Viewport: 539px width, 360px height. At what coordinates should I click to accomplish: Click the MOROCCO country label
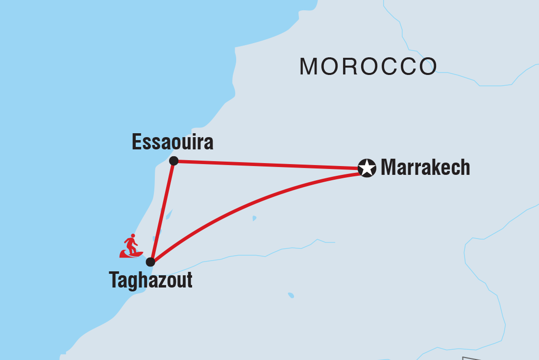[x=368, y=67]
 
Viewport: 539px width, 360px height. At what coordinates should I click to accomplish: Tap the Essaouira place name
[x=172, y=143]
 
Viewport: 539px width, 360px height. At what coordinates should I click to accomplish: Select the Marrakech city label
[x=425, y=168]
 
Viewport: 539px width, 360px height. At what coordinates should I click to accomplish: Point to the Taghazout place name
[x=150, y=281]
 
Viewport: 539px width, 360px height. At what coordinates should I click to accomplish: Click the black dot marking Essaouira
[x=173, y=161]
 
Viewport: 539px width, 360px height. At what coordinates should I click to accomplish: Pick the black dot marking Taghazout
[x=150, y=262]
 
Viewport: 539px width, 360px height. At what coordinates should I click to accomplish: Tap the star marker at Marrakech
[x=367, y=168]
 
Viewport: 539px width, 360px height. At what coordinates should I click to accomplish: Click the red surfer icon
[x=131, y=246]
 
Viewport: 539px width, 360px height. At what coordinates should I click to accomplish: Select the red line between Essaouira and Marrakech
[x=269, y=165]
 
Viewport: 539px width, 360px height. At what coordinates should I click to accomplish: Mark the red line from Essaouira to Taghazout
[x=162, y=211]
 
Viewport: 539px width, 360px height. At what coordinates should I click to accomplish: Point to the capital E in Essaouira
[x=137, y=143]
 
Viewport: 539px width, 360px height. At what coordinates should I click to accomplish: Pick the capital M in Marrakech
[x=389, y=168]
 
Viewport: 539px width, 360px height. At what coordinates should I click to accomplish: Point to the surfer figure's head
[x=132, y=236]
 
